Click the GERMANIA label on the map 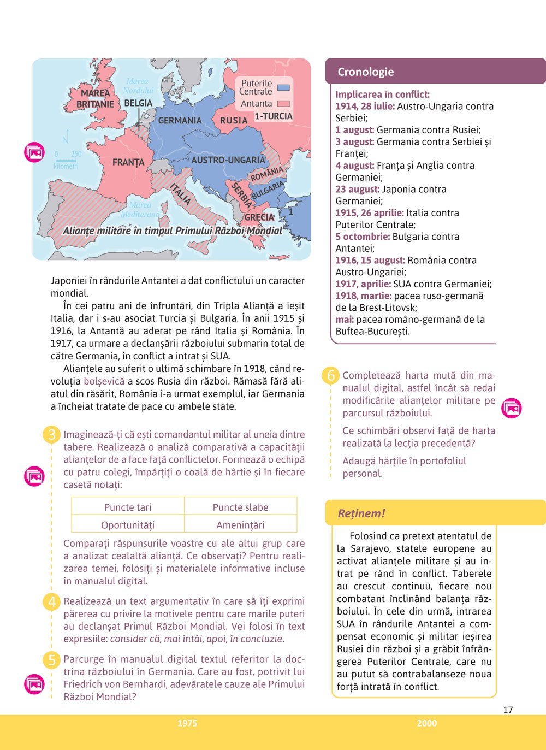(180, 120)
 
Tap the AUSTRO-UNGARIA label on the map (228, 160)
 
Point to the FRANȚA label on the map (128, 162)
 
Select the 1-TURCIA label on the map (274, 116)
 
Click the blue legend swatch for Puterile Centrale (283, 87)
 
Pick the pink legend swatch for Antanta (283, 103)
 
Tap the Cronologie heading (365, 72)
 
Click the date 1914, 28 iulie (365, 106)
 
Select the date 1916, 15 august (370, 260)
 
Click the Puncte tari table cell (128, 507)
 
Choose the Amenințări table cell (240, 525)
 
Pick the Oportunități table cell (128, 525)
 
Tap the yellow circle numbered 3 (52, 435)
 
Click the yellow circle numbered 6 (331, 376)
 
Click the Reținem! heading (361, 513)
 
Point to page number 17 (508, 710)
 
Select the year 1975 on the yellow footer (187, 723)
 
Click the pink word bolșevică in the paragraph (104, 381)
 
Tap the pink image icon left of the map (34, 152)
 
